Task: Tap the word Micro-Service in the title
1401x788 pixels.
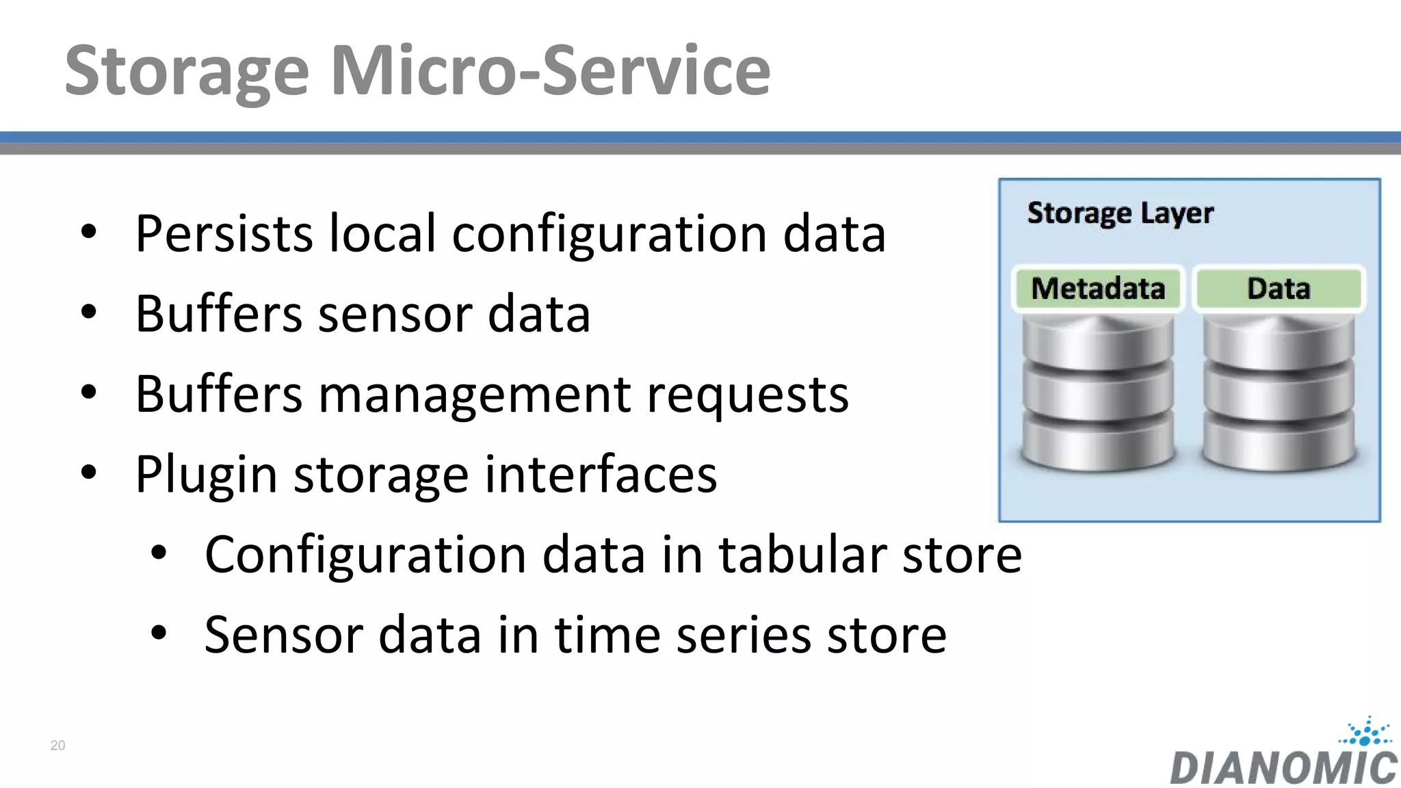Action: [551, 70]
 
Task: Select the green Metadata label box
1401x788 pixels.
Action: [1097, 289]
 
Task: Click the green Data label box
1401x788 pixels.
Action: [1278, 289]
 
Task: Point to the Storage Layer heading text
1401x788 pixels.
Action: [1120, 213]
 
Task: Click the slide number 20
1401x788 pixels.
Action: [57, 746]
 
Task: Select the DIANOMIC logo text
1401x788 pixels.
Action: [1283, 767]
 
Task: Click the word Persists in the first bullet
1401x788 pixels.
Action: [224, 234]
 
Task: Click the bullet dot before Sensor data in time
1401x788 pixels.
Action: [159, 633]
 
